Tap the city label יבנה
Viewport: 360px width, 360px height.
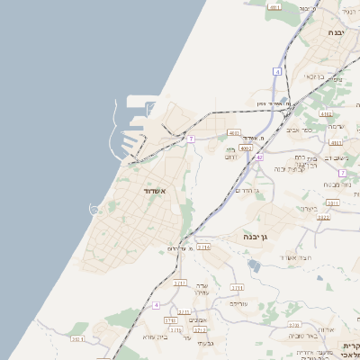point(336,32)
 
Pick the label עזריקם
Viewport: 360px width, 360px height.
point(238,303)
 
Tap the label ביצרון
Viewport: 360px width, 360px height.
point(309,209)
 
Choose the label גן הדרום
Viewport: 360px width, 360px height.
point(245,190)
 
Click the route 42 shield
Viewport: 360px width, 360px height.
point(258,157)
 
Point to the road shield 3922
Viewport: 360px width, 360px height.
point(323,217)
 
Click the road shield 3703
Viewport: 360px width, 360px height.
point(293,324)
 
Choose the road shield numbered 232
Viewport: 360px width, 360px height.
point(78,338)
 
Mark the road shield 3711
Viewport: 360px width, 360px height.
point(237,287)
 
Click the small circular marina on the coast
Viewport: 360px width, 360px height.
point(93,209)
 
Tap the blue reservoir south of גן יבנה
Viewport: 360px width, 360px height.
point(255,266)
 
